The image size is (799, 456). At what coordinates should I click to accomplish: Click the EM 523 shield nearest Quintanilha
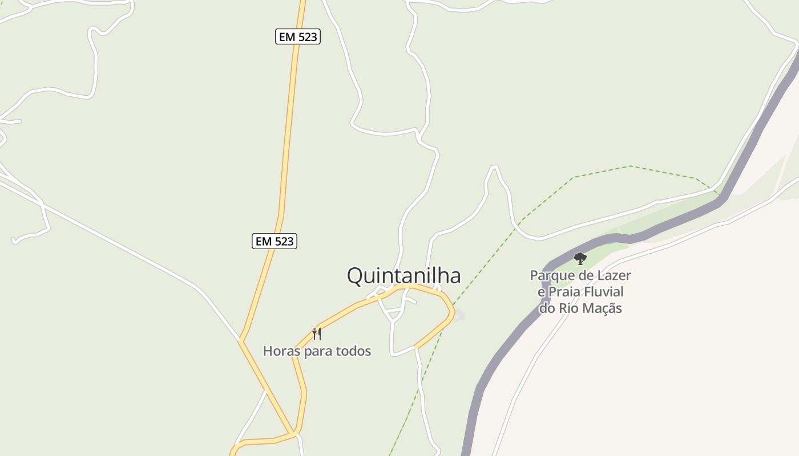pos(275,241)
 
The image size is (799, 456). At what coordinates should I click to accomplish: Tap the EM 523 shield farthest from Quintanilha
pos(297,37)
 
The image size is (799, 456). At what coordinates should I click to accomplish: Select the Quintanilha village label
pos(403,276)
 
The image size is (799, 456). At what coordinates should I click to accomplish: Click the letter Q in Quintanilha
pos(355,276)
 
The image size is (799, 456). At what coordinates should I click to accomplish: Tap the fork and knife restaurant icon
pos(317,333)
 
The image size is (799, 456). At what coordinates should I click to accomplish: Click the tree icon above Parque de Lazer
pos(580,259)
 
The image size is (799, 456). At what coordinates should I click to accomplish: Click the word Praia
pos(568,292)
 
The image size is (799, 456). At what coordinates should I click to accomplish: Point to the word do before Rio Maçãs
pos(547,309)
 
